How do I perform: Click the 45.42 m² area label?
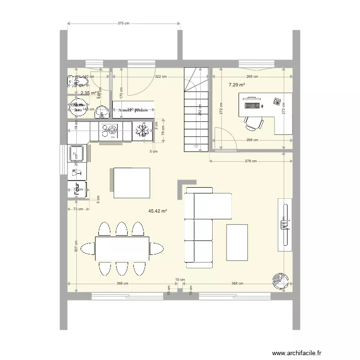[157, 211]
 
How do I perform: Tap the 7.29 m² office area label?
[237, 85]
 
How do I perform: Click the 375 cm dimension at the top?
[123, 23]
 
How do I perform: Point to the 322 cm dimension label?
[160, 76]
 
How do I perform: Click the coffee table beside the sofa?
[237, 242]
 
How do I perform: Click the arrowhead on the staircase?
[196, 145]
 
